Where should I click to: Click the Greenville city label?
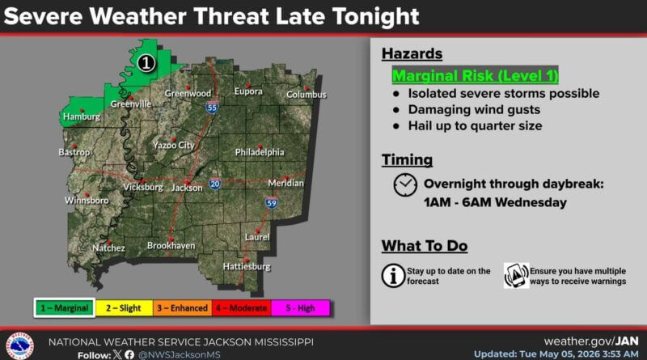[131, 104]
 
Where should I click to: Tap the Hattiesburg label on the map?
[247, 267]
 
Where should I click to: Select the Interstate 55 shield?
[212, 108]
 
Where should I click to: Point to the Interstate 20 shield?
[214, 184]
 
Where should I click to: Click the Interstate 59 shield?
[272, 202]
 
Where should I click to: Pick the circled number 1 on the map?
[146, 63]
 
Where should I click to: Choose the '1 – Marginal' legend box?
[65, 308]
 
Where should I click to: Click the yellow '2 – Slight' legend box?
[124, 308]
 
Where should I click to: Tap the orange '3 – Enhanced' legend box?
[183, 308]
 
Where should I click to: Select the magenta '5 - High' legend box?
[300, 308]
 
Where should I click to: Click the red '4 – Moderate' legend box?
[241, 308]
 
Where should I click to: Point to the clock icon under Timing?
[405, 185]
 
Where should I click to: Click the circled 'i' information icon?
[393, 275]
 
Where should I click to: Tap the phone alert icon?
[516, 275]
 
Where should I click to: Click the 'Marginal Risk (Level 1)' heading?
[475, 75]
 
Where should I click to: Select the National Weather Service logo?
[19, 345]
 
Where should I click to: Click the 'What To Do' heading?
[425, 246]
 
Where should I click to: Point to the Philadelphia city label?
[260, 152]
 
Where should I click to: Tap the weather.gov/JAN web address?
[591, 341]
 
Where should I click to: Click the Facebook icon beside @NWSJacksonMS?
[129, 354]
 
